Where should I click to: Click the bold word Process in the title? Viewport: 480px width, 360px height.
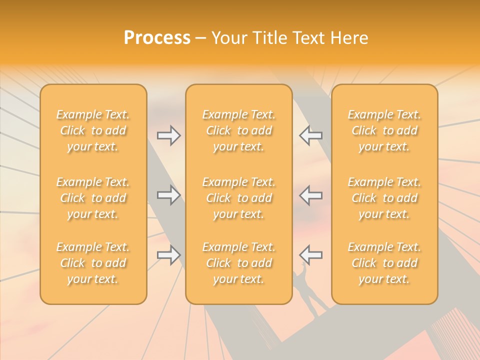(157, 38)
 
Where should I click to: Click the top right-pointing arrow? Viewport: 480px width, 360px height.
(168, 135)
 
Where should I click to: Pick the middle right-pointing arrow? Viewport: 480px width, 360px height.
(168, 195)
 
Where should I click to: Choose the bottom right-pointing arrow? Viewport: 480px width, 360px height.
(168, 255)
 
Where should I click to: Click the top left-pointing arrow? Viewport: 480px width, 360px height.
(311, 135)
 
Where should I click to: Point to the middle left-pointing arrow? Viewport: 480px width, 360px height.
(311, 195)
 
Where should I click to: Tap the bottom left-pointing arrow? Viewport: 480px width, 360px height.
(311, 255)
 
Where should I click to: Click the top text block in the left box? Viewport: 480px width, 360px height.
(93, 130)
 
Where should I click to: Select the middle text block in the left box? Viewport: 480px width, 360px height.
(93, 198)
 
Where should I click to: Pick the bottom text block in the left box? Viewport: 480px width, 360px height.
(93, 263)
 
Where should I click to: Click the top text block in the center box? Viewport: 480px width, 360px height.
(238, 130)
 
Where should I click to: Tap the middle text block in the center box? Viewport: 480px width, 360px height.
(238, 198)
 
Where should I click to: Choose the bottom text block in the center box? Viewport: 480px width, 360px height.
(238, 263)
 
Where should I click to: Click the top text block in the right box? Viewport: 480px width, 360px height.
(384, 130)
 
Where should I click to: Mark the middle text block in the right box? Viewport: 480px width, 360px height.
(384, 198)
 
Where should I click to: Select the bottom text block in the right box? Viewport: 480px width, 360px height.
(384, 263)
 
